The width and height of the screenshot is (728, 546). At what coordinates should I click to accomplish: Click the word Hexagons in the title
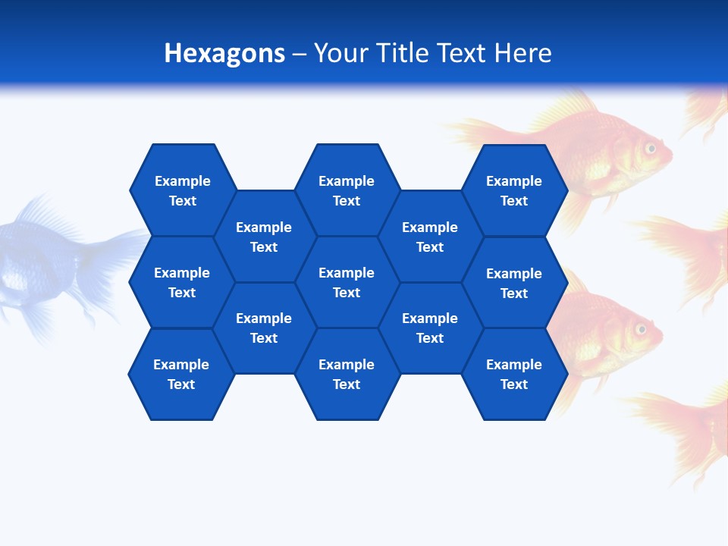224,53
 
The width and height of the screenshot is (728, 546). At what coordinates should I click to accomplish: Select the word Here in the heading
523,53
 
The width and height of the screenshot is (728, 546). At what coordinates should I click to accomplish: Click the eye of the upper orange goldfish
650,148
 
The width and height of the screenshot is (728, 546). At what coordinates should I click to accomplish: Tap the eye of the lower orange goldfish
641,329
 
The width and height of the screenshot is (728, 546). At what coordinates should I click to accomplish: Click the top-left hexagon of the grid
182,190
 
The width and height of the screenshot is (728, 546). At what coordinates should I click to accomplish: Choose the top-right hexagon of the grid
514,190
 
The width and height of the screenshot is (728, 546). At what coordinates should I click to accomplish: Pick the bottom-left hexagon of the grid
181,374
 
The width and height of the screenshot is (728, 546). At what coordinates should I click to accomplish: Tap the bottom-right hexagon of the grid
514,374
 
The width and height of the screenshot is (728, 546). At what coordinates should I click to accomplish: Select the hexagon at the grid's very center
347,282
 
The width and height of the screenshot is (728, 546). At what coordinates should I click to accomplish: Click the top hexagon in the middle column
347,190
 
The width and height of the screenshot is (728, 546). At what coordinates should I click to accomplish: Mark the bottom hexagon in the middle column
347,374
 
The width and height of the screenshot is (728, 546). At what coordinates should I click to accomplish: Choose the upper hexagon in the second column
264,237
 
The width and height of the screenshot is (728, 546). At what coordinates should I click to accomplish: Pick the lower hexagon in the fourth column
430,328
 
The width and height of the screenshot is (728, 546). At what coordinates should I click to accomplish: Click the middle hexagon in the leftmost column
182,282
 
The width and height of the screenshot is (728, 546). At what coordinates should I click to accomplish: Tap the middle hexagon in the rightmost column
514,283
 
